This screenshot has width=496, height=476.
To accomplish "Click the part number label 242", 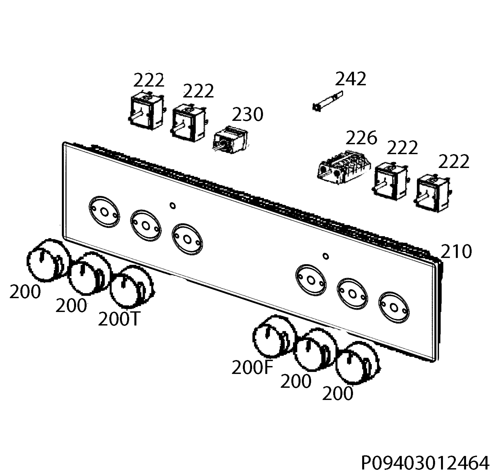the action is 351,79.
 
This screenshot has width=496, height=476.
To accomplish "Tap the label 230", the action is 248,115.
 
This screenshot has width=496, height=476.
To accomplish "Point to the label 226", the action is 361,138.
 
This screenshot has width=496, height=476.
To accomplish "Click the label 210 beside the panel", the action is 456,251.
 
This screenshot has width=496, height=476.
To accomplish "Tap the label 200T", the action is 118,319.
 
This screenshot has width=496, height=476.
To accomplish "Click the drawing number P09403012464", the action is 425,463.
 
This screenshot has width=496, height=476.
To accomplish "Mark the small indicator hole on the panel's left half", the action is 173,206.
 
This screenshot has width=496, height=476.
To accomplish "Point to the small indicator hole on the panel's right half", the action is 326,256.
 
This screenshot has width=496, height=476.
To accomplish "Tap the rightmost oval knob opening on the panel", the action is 393,308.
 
